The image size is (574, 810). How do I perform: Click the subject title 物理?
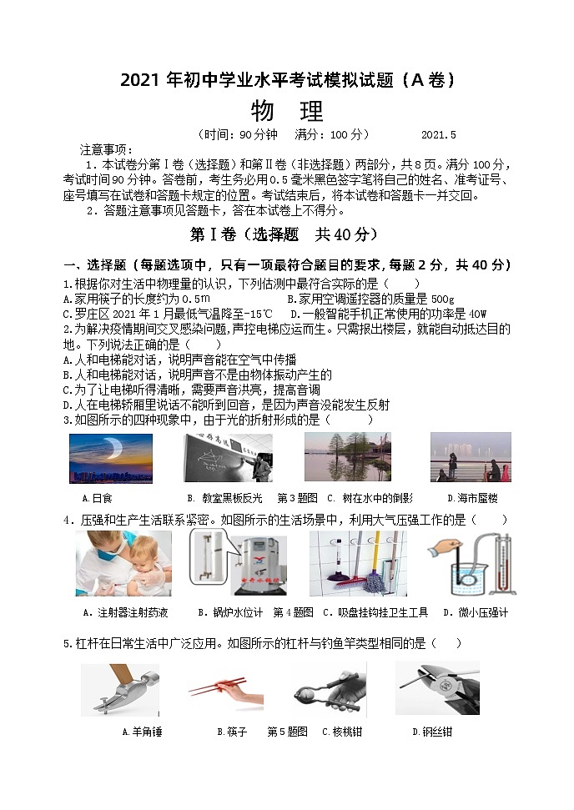286,111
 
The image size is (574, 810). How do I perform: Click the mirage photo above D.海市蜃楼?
470,457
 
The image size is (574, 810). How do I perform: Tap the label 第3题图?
297,498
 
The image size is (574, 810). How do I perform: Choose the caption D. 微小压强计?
475,612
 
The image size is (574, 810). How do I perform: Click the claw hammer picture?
120,689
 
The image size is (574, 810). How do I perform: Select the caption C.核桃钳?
342,732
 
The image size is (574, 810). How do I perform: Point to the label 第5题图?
288,732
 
